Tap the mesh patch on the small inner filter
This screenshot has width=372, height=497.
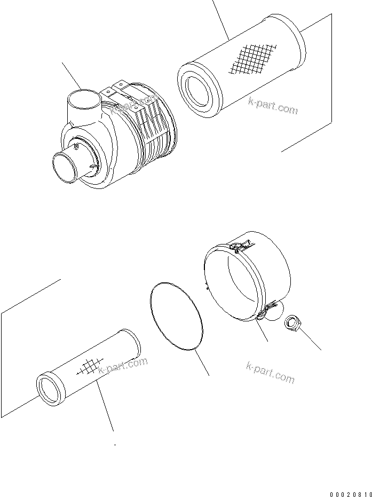[89, 367]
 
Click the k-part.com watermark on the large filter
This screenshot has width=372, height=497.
[272, 106]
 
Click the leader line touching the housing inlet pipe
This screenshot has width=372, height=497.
[72, 75]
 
